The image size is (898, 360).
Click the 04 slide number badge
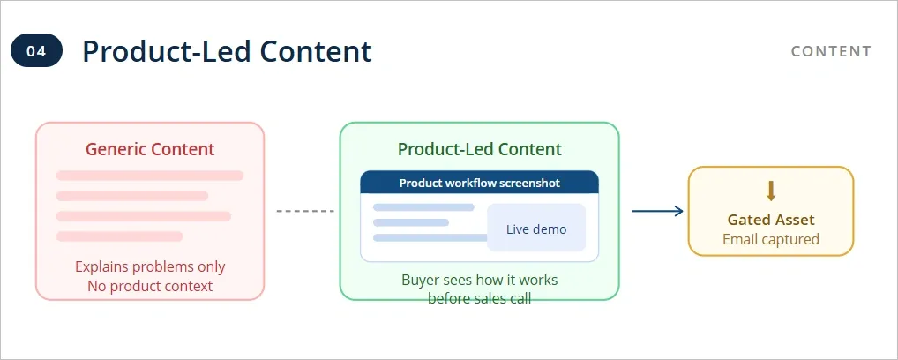coord(36,51)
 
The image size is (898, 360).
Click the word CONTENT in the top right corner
coord(831,51)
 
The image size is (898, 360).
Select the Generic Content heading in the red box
coord(150,149)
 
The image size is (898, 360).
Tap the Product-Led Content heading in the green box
coord(479,149)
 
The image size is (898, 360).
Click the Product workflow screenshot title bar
coord(479,183)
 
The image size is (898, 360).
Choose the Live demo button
coord(536,229)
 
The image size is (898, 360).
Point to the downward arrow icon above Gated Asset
coord(770,191)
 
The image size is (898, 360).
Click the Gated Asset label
coord(770,220)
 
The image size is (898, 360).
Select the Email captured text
coord(770,239)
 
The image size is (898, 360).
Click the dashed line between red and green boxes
coord(304,211)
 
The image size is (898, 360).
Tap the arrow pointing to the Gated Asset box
coord(657,211)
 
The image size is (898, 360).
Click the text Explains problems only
coord(150,266)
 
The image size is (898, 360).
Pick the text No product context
coord(150,286)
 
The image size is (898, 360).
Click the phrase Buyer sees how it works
coord(479,281)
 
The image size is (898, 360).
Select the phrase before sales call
coord(479,298)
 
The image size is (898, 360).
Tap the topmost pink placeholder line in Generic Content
coord(150,176)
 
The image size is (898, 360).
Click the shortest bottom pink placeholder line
coord(119,236)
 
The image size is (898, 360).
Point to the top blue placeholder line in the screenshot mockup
coord(423,207)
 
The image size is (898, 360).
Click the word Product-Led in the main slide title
coord(150,51)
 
